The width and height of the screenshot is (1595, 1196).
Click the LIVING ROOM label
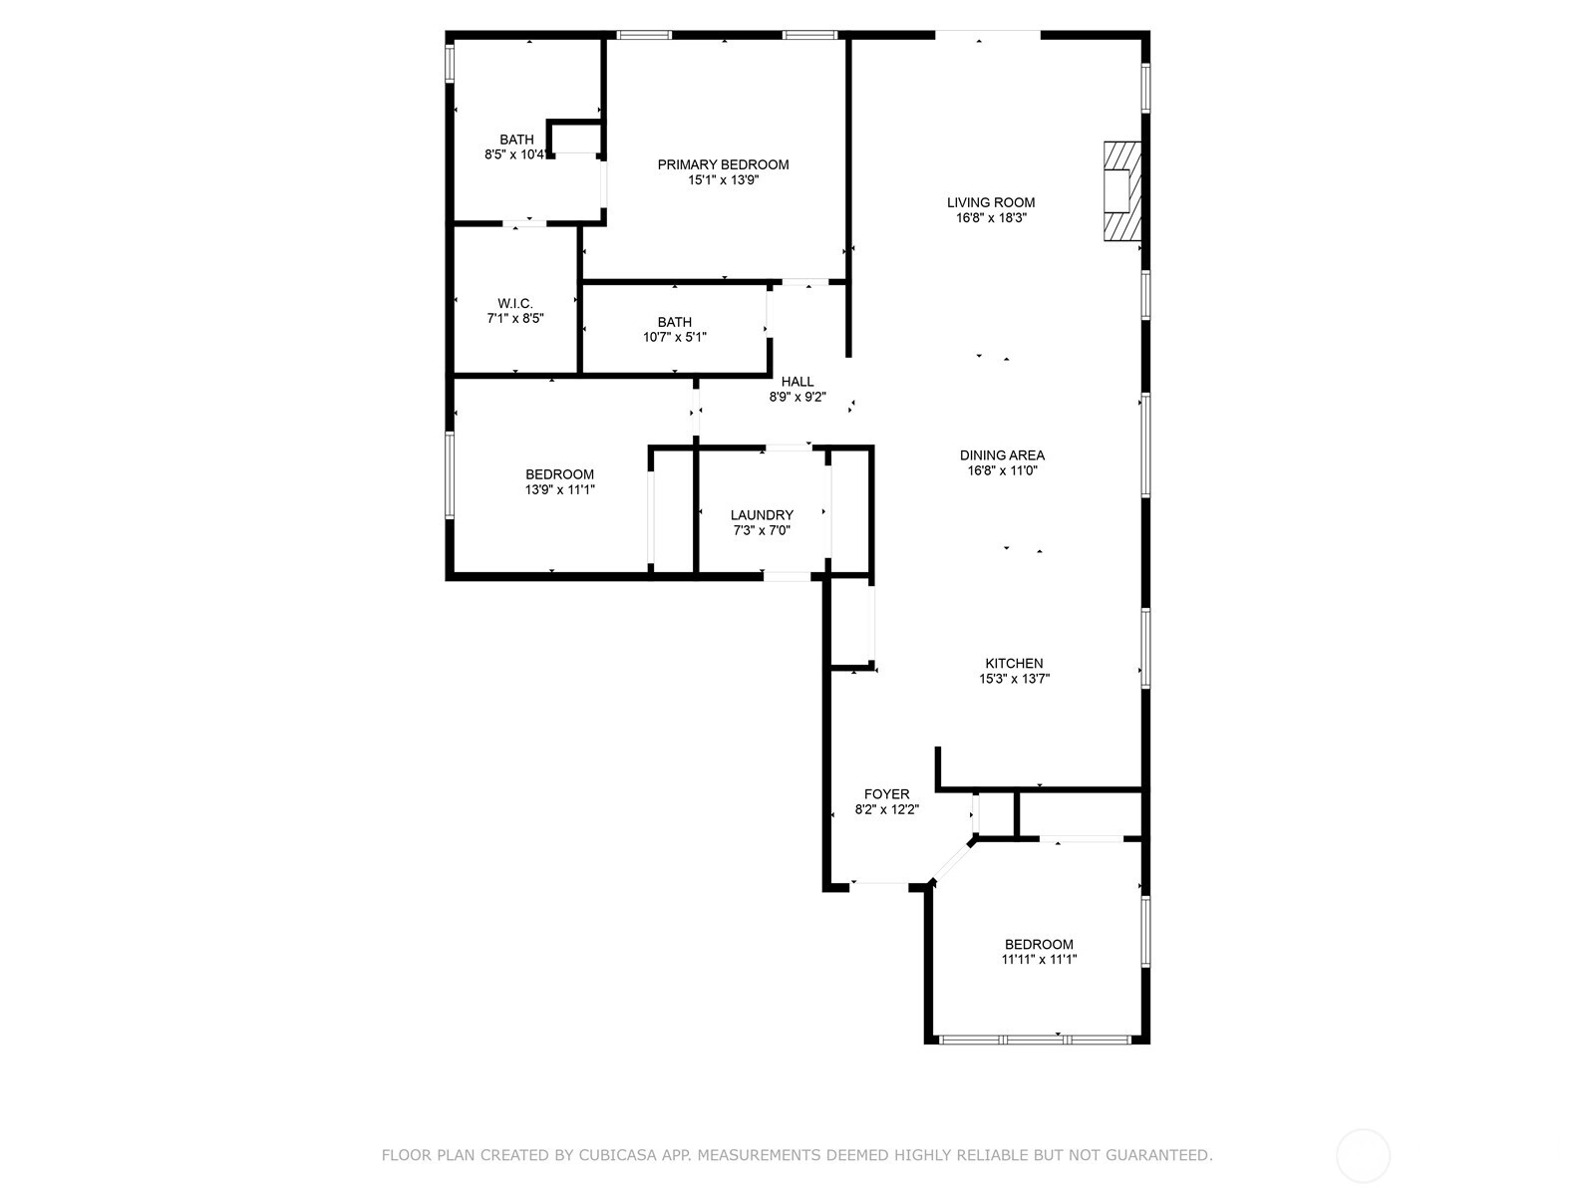(x=991, y=202)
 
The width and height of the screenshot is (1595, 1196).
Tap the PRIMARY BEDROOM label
(x=723, y=164)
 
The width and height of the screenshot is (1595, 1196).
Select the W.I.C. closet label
(x=515, y=303)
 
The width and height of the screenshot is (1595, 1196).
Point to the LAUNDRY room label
(x=762, y=515)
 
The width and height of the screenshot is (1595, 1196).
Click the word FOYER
(x=886, y=793)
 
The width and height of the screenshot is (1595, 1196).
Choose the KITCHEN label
(x=1014, y=663)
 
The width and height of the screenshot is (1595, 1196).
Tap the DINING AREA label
(x=1002, y=455)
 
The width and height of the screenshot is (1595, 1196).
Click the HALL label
(x=797, y=382)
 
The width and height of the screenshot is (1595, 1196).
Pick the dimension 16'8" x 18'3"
(x=991, y=218)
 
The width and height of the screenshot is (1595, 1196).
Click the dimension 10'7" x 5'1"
(x=674, y=337)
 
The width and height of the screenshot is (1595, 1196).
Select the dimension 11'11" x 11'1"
(x=1039, y=959)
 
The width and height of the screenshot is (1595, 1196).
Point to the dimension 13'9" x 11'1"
(x=559, y=489)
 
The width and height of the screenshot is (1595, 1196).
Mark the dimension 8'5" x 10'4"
(x=515, y=153)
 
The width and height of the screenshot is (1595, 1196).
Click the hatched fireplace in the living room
(x=1121, y=191)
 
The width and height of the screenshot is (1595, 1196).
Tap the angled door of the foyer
(x=951, y=862)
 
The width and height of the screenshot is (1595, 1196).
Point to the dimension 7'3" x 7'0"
(x=762, y=530)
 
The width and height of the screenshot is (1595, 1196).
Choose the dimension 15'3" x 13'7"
(x=1014, y=679)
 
